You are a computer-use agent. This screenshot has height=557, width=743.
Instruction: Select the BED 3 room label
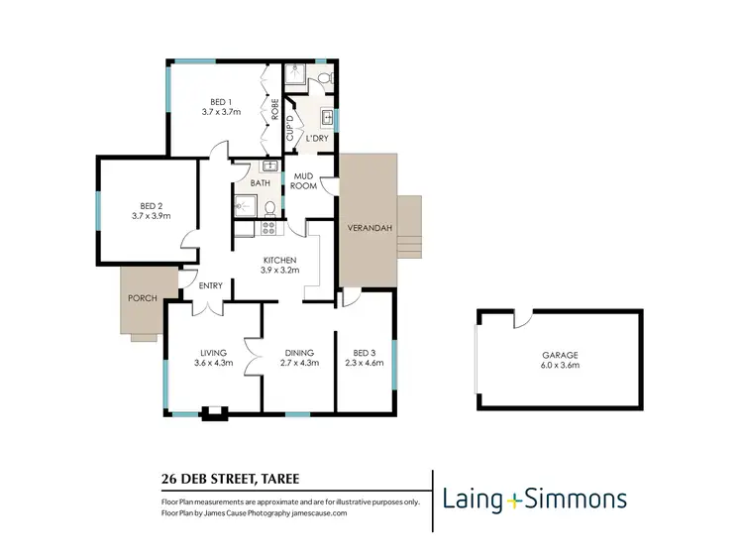(x=365, y=353)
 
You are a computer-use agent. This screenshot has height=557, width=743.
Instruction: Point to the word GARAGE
(x=559, y=355)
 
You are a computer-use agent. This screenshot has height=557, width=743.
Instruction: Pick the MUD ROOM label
(x=303, y=180)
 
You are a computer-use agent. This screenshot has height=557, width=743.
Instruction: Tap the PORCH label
(x=143, y=297)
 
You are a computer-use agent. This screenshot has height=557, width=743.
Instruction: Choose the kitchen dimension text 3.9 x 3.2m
(x=278, y=270)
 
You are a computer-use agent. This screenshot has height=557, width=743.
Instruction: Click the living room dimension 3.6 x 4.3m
(x=214, y=363)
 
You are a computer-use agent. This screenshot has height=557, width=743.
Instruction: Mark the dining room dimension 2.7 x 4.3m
(x=299, y=363)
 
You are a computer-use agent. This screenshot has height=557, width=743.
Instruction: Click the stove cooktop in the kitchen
(x=267, y=228)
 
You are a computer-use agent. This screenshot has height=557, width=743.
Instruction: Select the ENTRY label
(x=210, y=286)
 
